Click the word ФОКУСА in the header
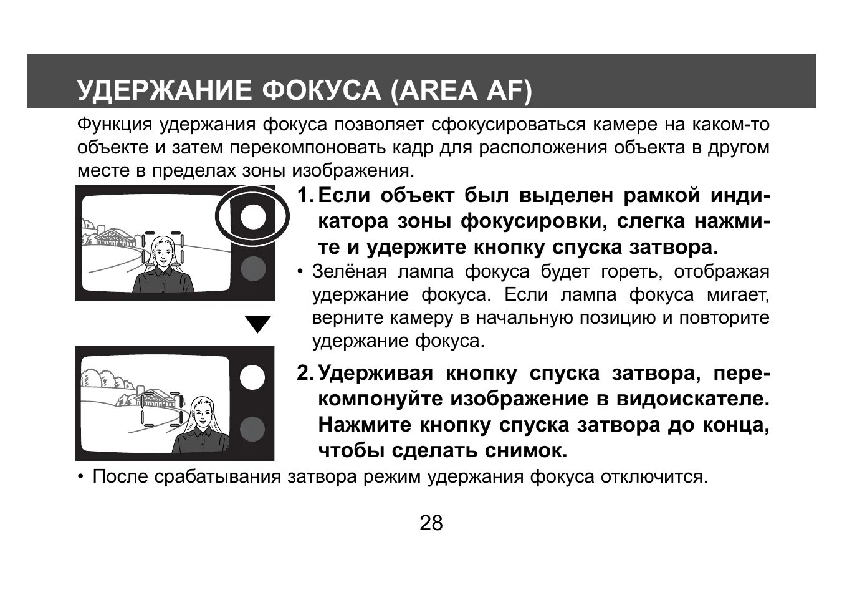(321, 90)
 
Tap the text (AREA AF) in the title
(462, 90)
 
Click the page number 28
(431, 523)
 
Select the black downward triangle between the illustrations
(258, 324)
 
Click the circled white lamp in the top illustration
(253, 216)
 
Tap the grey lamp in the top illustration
(253, 268)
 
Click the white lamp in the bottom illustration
(252, 378)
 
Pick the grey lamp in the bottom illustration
(252, 429)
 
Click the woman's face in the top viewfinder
(163, 253)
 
